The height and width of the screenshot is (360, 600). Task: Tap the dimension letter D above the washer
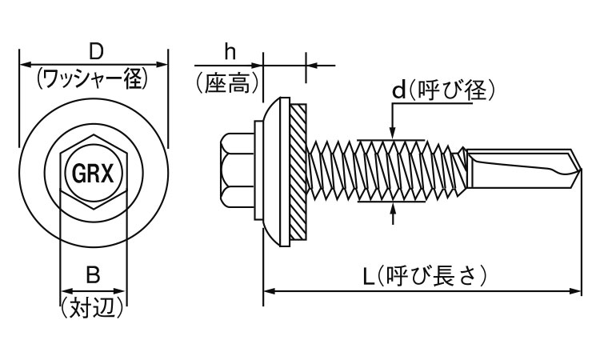[94, 50]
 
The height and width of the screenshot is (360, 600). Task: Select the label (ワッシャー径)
[93, 78]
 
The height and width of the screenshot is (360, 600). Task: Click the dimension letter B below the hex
[93, 276]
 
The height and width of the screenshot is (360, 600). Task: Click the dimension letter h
[230, 52]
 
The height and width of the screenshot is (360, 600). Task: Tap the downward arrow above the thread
[392, 133]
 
